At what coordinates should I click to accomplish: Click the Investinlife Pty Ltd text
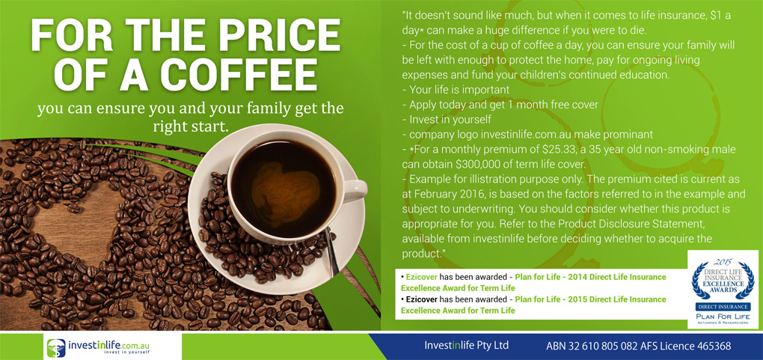click(x=466, y=345)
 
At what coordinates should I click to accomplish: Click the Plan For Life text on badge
click(x=722, y=316)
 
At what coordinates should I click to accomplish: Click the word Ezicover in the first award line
click(x=425, y=277)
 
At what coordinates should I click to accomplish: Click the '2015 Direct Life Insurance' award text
click(x=613, y=299)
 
